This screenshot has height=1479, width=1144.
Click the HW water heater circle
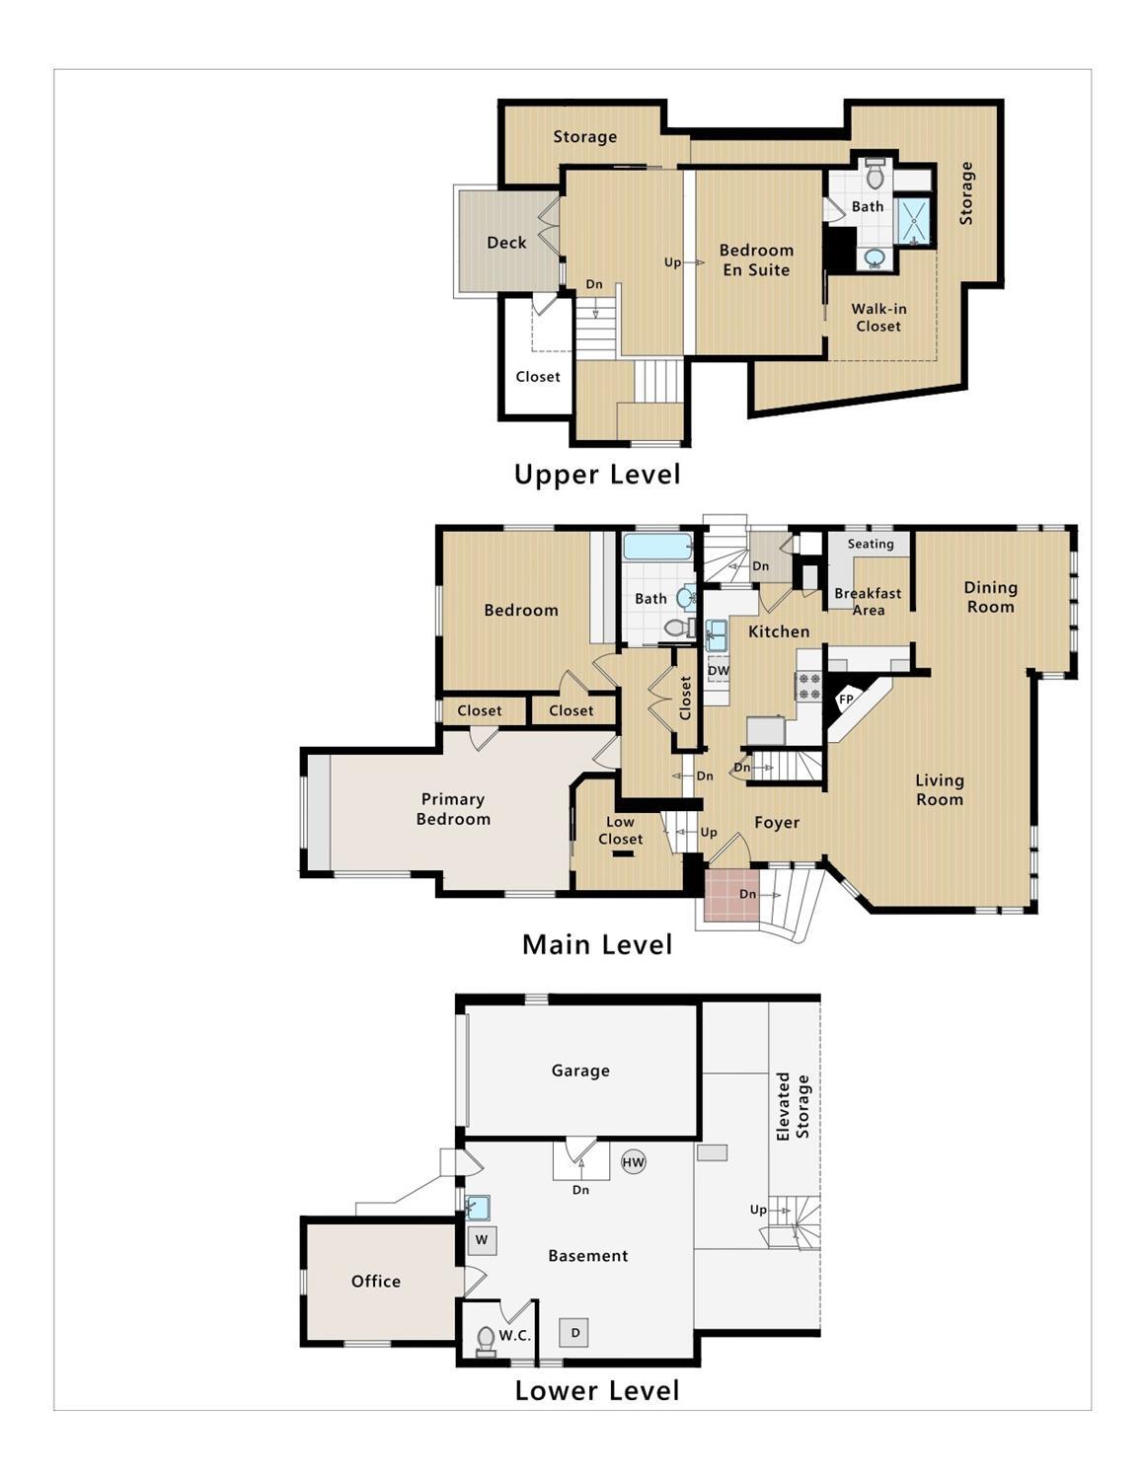pyautogui.click(x=634, y=1162)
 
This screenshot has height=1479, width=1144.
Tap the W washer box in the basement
pyautogui.click(x=482, y=1239)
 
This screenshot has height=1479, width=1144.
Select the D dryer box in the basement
pyautogui.click(x=574, y=1332)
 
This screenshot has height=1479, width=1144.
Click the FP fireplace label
pyautogui.click(x=846, y=700)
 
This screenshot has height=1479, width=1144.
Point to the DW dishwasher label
pyautogui.click(x=718, y=670)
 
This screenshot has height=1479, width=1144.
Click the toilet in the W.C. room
pyautogui.click(x=486, y=1341)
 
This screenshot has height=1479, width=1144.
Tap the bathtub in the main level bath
pyautogui.click(x=657, y=548)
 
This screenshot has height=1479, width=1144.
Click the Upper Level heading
pyautogui.click(x=597, y=475)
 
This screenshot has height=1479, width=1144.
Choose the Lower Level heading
pyautogui.click(x=597, y=1390)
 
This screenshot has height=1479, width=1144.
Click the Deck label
pyautogui.click(x=506, y=243)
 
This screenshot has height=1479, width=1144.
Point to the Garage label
pyautogui.click(x=580, y=1071)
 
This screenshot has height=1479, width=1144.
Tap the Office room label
pyautogui.click(x=376, y=1281)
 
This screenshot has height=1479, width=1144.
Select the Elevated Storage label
pyautogui.click(x=794, y=1107)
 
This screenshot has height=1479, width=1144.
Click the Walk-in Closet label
pyautogui.click(x=878, y=317)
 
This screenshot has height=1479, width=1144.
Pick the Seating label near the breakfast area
pyautogui.click(x=871, y=544)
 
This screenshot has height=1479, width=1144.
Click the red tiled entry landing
pyautogui.click(x=731, y=895)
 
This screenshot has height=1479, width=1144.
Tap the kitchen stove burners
pyautogui.click(x=809, y=686)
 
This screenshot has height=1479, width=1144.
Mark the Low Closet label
pyautogui.click(x=620, y=831)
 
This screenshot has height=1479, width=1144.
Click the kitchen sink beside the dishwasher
pyautogui.click(x=716, y=635)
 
